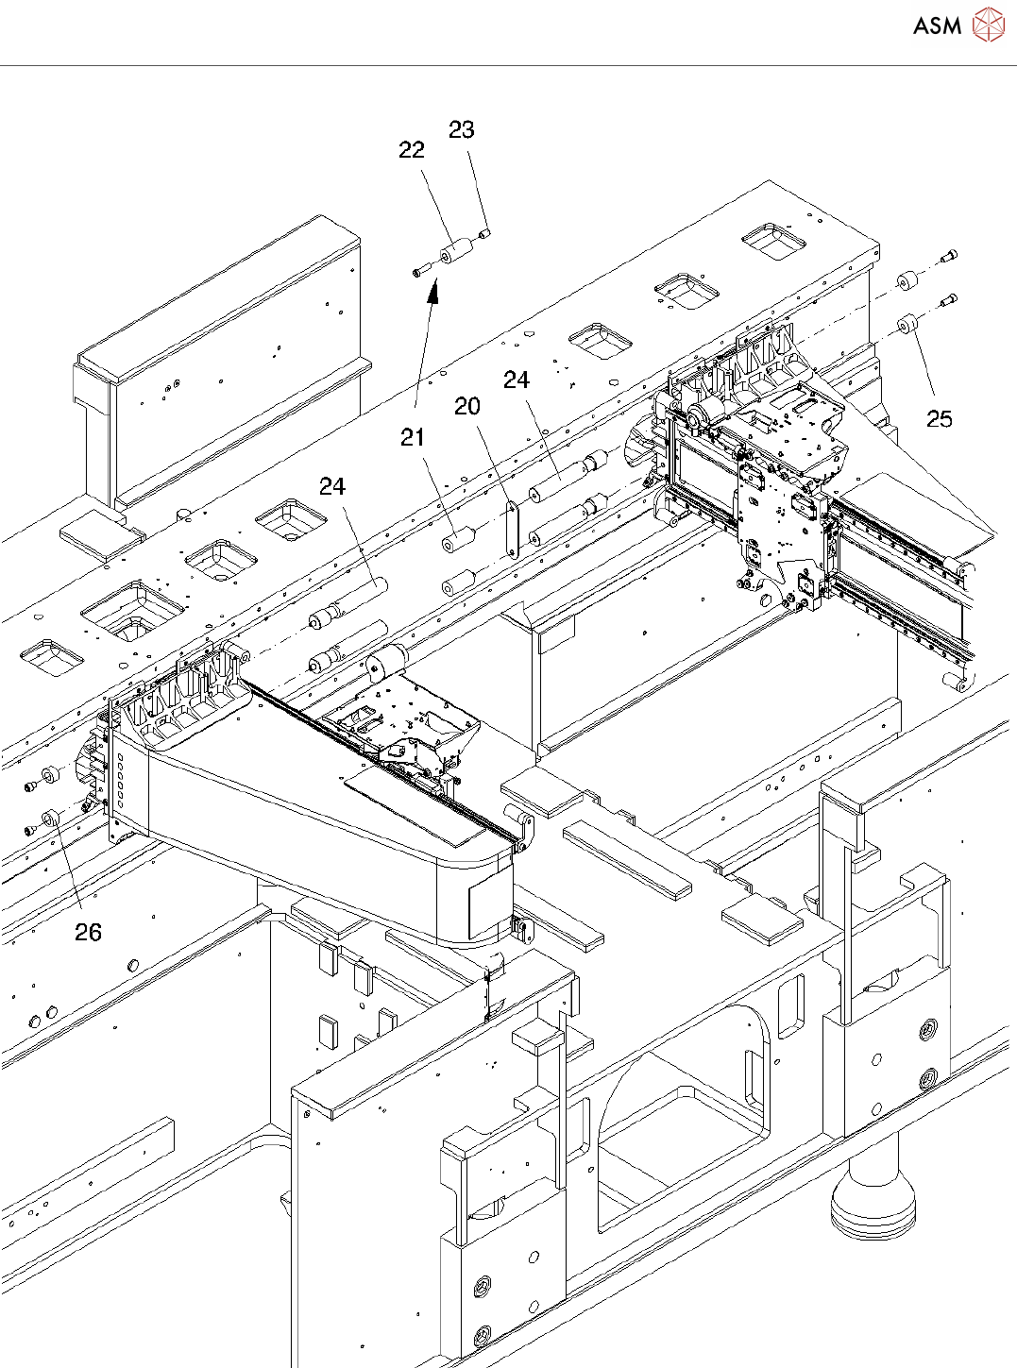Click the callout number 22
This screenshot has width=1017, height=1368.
[x=412, y=150]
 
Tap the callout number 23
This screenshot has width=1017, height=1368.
[x=461, y=130]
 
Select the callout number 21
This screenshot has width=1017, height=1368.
[x=413, y=437]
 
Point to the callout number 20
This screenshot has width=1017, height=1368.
[x=467, y=406]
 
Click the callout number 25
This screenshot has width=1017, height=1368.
[x=939, y=418]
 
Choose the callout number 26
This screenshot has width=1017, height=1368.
[x=88, y=933]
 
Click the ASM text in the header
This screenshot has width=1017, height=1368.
[x=937, y=25]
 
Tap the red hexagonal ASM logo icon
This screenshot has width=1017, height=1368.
[x=989, y=25]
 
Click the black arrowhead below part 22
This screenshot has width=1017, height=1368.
[x=432, y=295]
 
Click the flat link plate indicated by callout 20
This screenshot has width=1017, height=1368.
[x=514, y=529]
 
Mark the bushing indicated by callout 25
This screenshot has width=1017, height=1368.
[x=907, y=327]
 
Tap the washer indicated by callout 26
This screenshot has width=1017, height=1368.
[x=52, y=818]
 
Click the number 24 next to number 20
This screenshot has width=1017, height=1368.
[x=517, y=380]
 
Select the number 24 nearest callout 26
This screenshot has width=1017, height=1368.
[x=332, y=486]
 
